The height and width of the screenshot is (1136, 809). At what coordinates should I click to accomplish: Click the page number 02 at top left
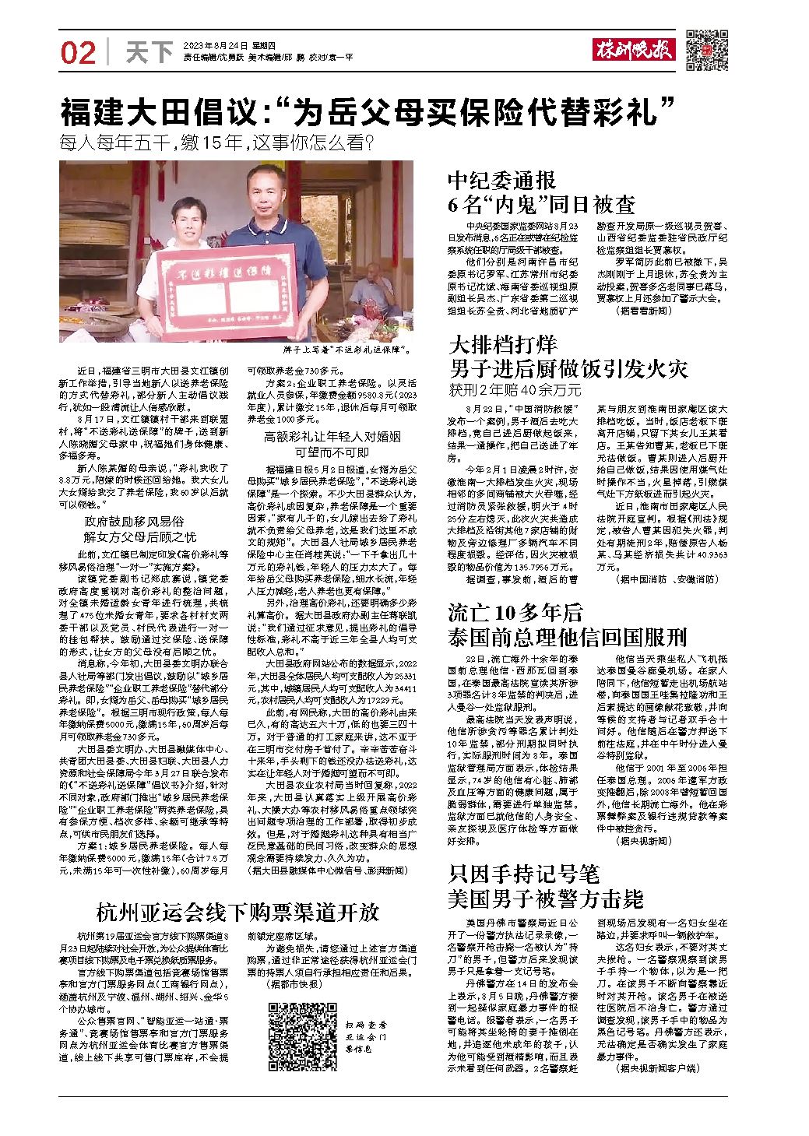click(x=78, y=53)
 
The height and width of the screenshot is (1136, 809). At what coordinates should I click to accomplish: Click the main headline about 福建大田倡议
click(x=367, y=114)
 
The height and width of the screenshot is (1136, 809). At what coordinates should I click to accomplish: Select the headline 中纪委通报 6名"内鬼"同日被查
click(x=541, y=193)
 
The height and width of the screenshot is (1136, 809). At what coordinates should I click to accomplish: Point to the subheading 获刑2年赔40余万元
click(x=514, y=390)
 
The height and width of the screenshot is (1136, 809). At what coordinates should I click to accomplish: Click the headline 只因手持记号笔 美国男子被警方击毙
click(x=546, y=887)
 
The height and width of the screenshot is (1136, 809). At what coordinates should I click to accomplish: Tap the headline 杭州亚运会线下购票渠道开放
click(x=237, y=911)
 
